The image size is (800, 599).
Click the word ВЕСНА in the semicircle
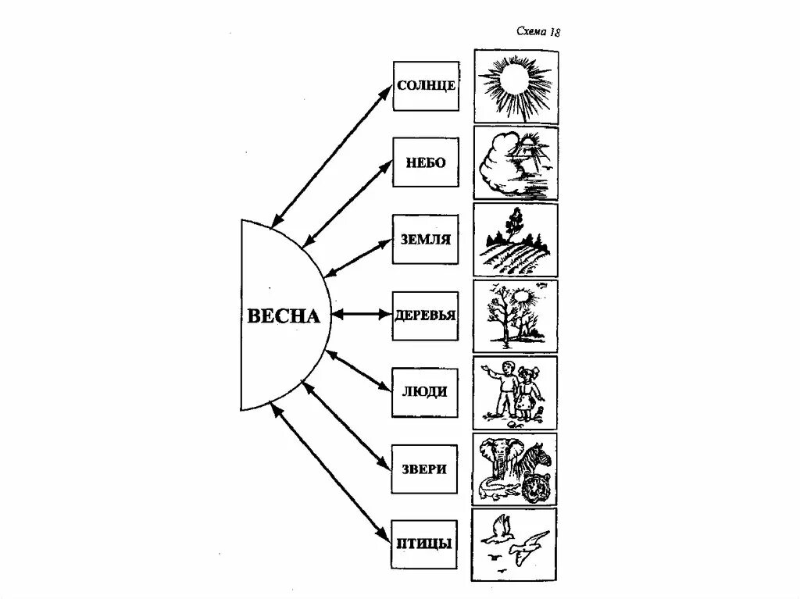point(284,316)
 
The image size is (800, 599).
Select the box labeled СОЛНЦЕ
point(426,85)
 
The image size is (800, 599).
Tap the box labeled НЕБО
point(426,162)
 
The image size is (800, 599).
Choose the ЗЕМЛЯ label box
point(426,239)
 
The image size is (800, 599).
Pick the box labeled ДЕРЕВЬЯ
point(426,316)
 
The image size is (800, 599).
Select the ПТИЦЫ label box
point(426,542)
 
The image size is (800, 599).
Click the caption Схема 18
point(538,32)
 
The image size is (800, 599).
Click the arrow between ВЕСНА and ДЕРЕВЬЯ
point(360,316)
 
